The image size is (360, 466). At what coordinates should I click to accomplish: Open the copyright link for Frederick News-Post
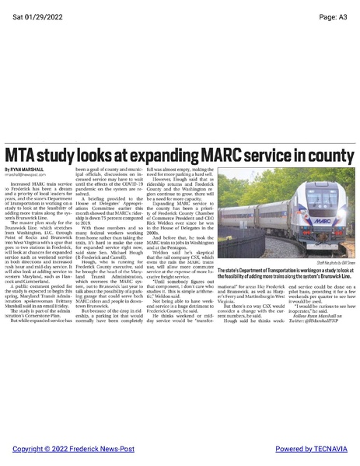click(78, 449)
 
